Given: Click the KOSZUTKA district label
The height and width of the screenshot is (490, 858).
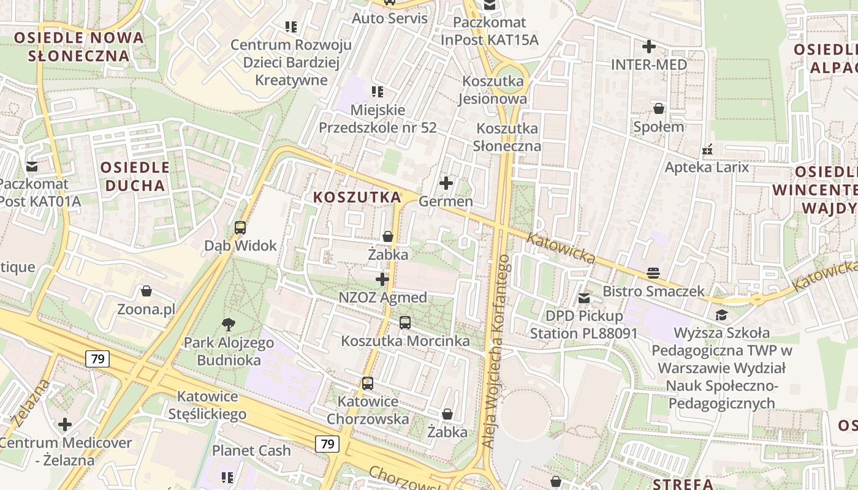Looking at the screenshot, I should tap(357, 197).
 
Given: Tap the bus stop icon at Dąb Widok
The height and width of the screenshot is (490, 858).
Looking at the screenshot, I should tap(240, 228).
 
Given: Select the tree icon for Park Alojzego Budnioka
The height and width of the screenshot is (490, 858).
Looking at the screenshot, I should tap(229, 325).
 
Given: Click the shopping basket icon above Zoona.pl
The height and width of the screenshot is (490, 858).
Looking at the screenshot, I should tap(146, 291).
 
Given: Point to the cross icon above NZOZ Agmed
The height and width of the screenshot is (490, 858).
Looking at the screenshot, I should tap(382, 280).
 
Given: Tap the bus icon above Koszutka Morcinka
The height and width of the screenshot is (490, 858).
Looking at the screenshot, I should tap(404, 323).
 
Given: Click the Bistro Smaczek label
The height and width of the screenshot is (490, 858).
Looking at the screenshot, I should tap(653, 291).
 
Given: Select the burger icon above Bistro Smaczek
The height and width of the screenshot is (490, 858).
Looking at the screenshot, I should tap(653, 273).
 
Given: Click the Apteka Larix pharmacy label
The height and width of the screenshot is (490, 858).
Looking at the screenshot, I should tap(707, 167).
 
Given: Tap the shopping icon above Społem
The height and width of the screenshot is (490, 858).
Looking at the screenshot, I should tap(659, 109).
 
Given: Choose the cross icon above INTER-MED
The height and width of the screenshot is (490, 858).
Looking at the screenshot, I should tap(649, 47).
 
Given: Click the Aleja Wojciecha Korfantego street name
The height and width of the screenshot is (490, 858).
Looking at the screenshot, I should tap(496, 352).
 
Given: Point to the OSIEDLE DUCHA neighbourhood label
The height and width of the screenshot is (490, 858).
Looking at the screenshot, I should tap(134, 176).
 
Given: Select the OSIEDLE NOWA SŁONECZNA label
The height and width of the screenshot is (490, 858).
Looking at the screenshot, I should tap(79, 47).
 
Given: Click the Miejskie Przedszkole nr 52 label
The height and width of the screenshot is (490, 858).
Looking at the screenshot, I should tap(378, 119).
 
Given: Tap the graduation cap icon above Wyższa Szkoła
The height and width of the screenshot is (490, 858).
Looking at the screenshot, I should tap(722, 315).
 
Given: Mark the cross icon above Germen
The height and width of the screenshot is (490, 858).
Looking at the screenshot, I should tap(446, 183).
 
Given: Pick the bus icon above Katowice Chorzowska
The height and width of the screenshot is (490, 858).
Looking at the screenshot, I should tap(368, 384).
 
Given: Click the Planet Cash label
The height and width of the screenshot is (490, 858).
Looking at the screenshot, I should tap(251, 450).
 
